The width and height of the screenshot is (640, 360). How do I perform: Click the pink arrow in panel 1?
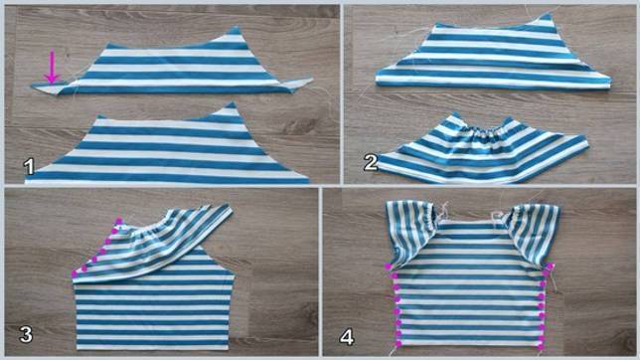52,68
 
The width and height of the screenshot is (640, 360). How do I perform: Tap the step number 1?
29,167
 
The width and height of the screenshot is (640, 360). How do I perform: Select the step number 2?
371,163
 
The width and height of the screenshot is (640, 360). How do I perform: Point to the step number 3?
26,335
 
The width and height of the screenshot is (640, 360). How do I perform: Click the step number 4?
347,337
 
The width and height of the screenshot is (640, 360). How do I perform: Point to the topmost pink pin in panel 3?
119,222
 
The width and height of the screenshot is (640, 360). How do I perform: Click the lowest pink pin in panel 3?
75,273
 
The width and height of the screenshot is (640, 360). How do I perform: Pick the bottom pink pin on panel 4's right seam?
541,346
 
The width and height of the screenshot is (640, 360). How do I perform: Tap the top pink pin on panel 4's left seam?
389,267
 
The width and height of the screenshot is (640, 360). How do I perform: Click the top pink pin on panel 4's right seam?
551,266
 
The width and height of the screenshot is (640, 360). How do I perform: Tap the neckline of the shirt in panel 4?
470,222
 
